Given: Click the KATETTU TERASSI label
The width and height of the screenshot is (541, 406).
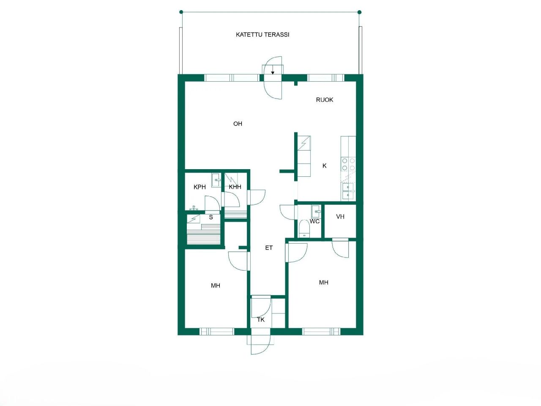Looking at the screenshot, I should (262, 35).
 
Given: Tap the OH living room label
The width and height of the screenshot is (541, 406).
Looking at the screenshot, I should (238, 124).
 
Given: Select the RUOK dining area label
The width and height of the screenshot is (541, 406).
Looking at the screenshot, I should (325, 100).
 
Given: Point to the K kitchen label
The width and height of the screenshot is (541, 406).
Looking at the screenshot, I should (325, 166).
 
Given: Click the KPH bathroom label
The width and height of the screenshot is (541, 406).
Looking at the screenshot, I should (199, 187).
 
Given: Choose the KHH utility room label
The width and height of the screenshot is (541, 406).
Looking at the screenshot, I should (235, 187).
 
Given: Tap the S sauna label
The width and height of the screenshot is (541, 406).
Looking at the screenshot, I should (211, 217).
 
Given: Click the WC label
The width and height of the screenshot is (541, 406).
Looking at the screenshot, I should (314, 221).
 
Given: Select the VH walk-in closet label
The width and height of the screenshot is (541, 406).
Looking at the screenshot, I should (340, 217).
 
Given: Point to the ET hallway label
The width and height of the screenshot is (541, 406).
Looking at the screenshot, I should (269, 248).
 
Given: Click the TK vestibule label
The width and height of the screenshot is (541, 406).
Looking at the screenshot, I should (261, 320).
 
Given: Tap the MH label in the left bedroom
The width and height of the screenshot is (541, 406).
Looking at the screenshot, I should (216, 286).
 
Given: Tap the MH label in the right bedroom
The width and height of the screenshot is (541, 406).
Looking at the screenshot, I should (324, 283).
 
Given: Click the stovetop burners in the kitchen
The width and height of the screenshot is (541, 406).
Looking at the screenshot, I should (348, 165).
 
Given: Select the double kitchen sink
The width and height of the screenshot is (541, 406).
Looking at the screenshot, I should (348, 191).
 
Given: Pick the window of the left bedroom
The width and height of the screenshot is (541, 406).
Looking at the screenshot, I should (217, 332).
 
